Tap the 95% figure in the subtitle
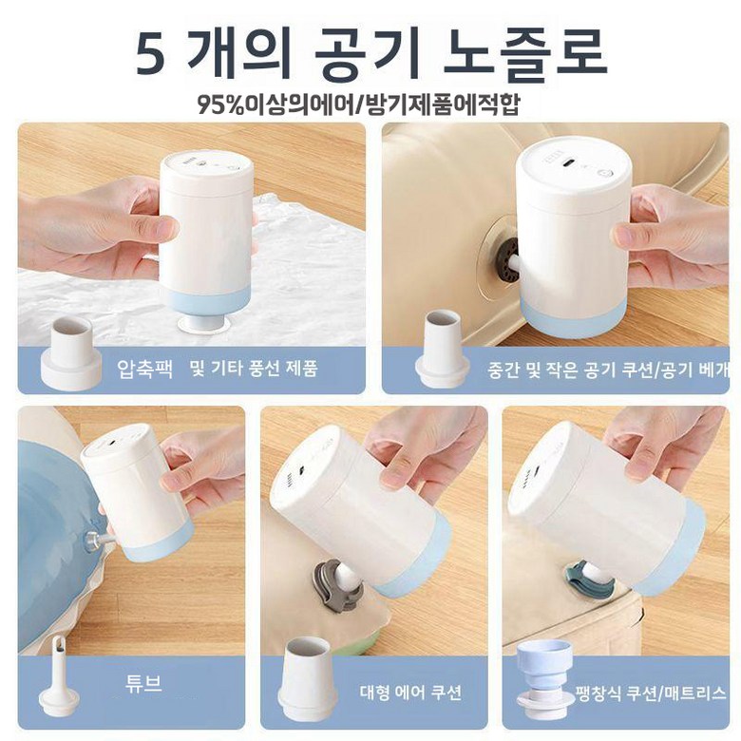[220, 105]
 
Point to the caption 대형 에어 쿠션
[410, 693]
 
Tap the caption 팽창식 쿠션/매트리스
[651, 693]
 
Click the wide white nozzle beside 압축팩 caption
[71, 353]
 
